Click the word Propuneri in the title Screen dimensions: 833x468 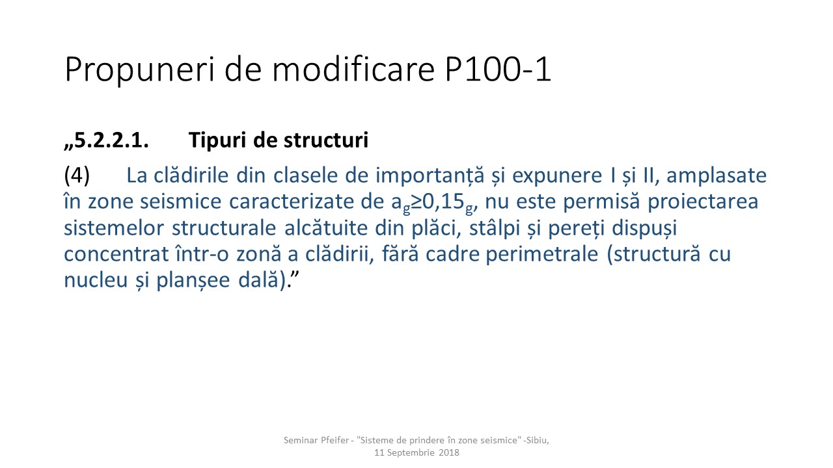pos(139,70)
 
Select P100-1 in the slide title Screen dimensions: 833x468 pos(498,69)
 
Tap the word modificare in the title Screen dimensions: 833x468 pos(353,69)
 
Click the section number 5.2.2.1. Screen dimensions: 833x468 pos(106,140)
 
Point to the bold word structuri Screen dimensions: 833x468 pos(326,140)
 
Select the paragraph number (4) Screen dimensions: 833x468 pos(77,175)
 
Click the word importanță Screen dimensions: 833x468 pos(430,176)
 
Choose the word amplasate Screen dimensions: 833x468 pos(717,176)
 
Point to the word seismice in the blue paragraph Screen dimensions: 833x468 pos(180,201)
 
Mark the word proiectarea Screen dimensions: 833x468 pos(703,202)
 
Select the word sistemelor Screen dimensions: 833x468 pos(114,227)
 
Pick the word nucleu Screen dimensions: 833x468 pos(96,280)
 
